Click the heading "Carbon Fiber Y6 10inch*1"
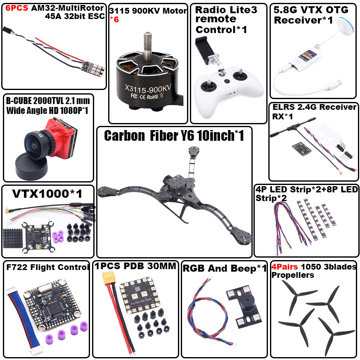coord(174,136)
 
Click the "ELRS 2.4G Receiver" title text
coord(314,107)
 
